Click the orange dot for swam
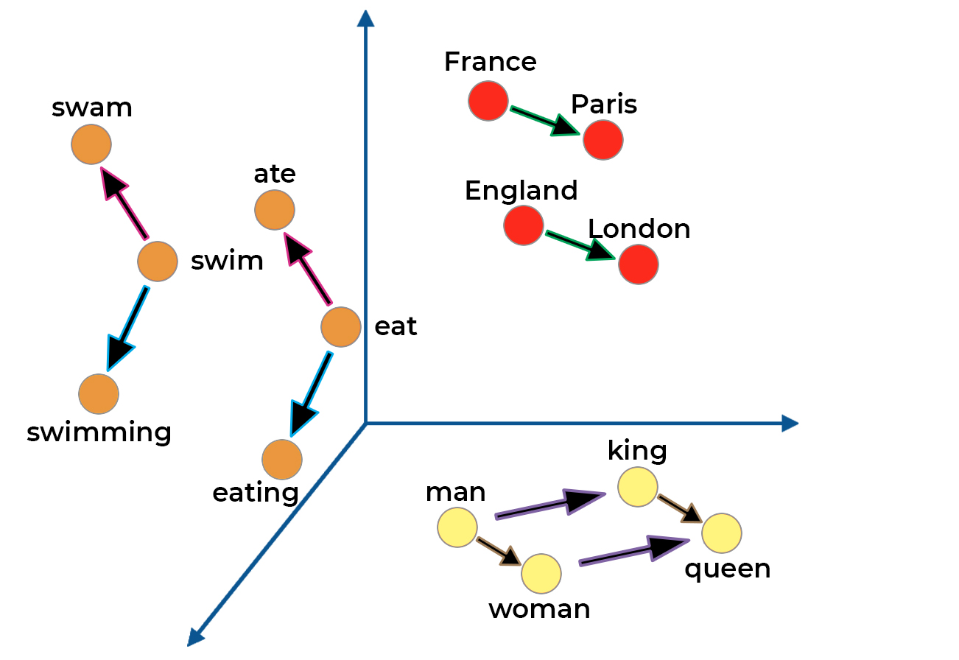tap(91, 144)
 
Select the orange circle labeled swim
tap(158, 261)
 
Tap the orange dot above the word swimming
tap(99, 394)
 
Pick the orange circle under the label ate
tap(275, 210)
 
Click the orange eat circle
tap(341, 326)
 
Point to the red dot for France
tap(488, 100)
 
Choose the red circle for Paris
tap(603, 139)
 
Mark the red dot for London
tap(639, 264)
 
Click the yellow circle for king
tap(637, 486)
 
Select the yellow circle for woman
tap(541, 573)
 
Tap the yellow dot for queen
tap(721, 533)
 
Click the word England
tap(521, 191)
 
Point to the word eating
tap(255, 493)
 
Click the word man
tap(455, 492)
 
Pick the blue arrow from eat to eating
tap(310, 394)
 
